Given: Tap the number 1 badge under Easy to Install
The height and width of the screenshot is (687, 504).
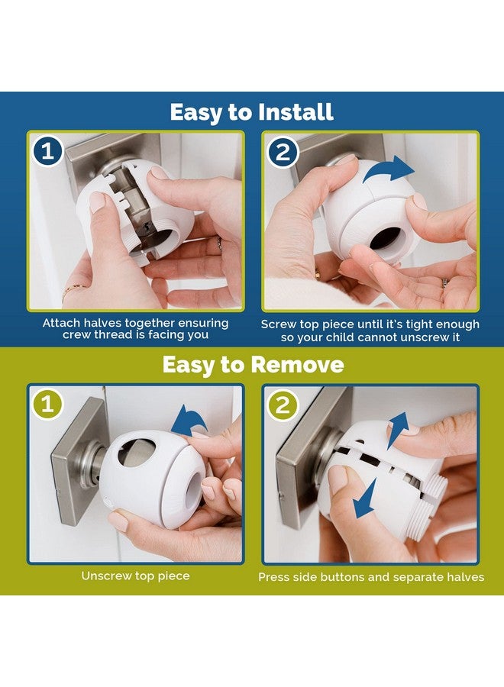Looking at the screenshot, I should tap(48, 152).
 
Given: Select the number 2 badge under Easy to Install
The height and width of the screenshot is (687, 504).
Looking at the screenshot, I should tap(283, 152).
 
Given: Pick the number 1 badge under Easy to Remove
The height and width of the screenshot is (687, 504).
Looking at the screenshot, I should tap(48, 405).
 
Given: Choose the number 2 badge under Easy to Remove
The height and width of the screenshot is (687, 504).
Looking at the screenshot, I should tap(283, 405).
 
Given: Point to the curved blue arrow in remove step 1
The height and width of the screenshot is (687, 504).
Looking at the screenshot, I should tap(189, 419).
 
